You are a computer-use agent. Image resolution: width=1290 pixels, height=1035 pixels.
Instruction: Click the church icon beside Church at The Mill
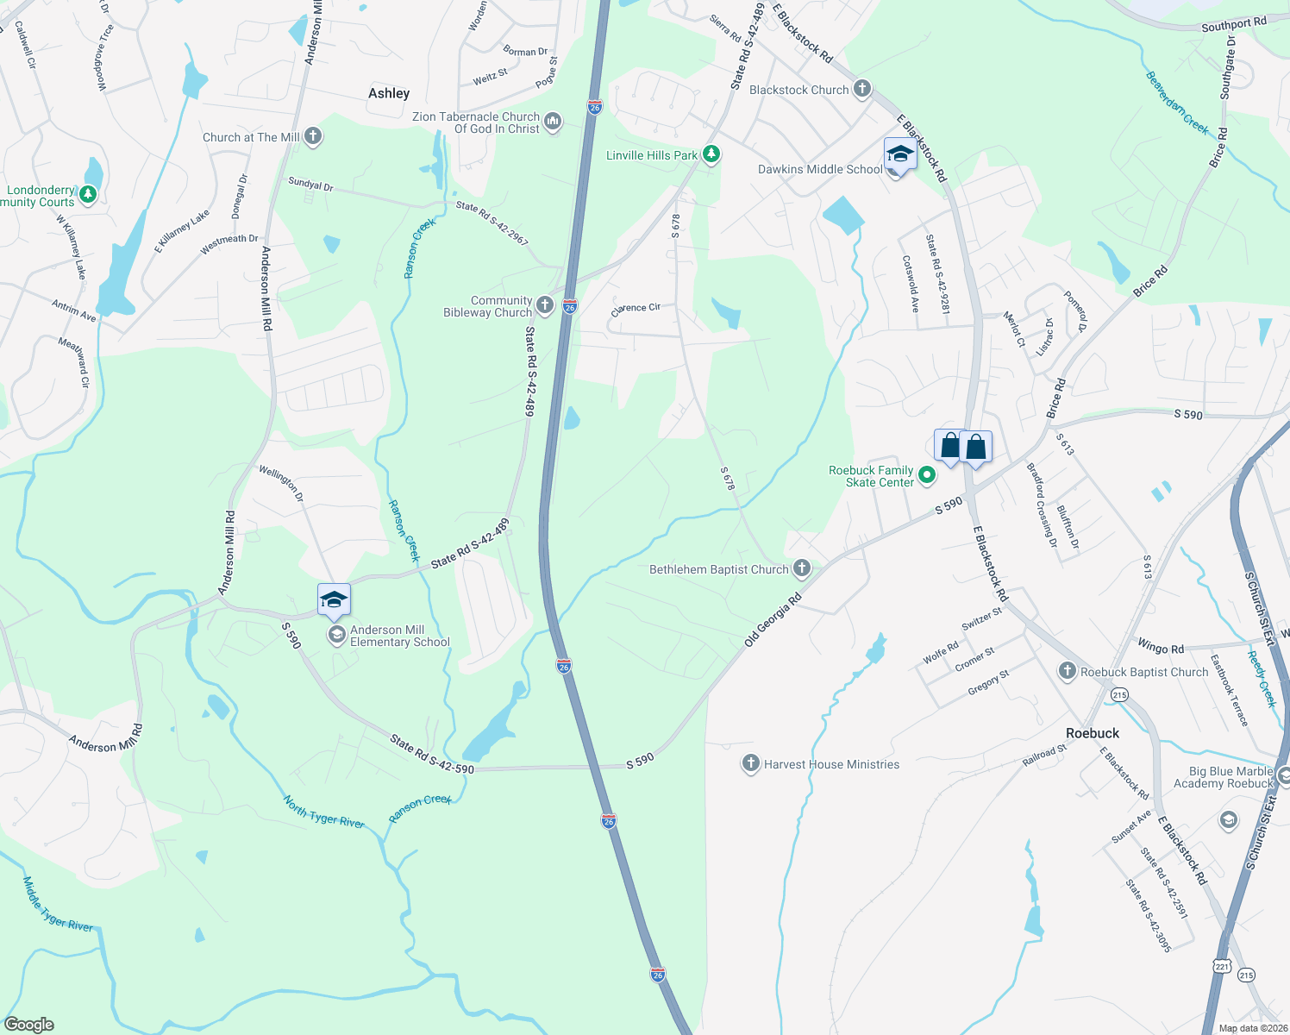(x=313, y=136)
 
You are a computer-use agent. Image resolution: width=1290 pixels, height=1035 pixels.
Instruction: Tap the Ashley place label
(x=389, y=93)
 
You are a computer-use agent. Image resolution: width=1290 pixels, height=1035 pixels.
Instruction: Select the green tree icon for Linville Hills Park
(x=711, y=154)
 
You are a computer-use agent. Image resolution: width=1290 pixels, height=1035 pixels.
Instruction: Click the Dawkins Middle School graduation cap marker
(x=899, y=155)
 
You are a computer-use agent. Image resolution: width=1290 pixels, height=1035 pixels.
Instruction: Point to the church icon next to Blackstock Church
(x=861, y=89)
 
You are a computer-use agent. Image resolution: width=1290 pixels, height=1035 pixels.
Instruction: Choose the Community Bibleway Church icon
(x=545, y=304)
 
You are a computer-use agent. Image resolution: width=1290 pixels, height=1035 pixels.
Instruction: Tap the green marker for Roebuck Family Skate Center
(x=926, y=474)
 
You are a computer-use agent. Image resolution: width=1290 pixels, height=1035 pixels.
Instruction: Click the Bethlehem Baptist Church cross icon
(x=802, y=568)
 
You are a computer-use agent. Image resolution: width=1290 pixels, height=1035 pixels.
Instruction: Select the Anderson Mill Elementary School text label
(x=399, y=636)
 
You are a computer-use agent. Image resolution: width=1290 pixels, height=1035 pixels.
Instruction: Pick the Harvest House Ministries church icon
(x=751, y=763)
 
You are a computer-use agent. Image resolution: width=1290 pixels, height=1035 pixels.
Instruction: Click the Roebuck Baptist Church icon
(x=1068, y=671)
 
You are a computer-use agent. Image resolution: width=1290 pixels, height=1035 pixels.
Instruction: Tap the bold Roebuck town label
(x=1093, y=733)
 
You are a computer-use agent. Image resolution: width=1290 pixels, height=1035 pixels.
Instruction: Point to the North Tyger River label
(x=324, y=812)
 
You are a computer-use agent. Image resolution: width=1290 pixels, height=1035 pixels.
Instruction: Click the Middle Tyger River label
(x=57, y=904)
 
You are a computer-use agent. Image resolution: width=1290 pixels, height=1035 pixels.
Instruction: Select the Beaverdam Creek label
(x=1177, y=103)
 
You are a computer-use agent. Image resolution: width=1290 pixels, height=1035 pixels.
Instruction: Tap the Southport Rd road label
(x=1233, y=24)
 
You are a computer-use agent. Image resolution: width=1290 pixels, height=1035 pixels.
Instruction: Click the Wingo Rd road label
(x=1160, y=647)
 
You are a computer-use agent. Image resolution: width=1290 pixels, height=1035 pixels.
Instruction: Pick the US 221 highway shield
(x=1222, y=966)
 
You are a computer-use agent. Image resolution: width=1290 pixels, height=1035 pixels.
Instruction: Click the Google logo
(x=29, y=1024)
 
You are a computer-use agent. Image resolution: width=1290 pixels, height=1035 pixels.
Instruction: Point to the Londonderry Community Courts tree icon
(x=87, y=196)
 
